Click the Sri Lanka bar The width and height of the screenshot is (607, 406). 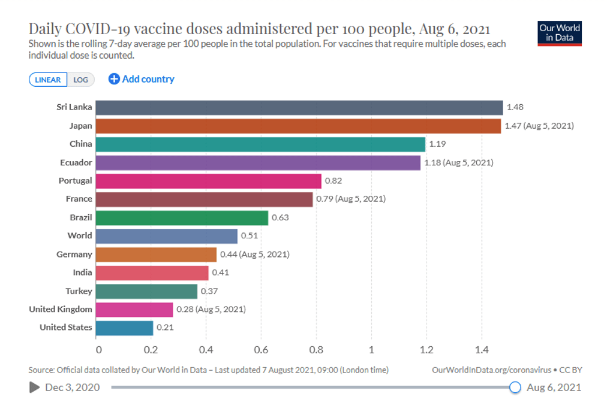299,107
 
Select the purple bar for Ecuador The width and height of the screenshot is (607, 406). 258,162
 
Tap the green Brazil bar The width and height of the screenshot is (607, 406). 182,217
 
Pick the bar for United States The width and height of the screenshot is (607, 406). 124,328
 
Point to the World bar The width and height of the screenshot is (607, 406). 166,236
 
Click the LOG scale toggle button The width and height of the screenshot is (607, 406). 80,80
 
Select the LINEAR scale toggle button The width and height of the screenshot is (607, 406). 48,80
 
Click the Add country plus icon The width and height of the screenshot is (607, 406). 114,79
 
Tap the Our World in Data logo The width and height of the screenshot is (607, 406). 559,34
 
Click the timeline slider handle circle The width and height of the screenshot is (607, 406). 515,387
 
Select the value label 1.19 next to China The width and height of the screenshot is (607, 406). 437,144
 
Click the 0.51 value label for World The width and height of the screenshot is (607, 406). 250,236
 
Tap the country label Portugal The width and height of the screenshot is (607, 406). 75,181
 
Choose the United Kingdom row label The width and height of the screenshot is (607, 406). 61,309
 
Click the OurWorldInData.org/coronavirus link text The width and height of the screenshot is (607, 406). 489,370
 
